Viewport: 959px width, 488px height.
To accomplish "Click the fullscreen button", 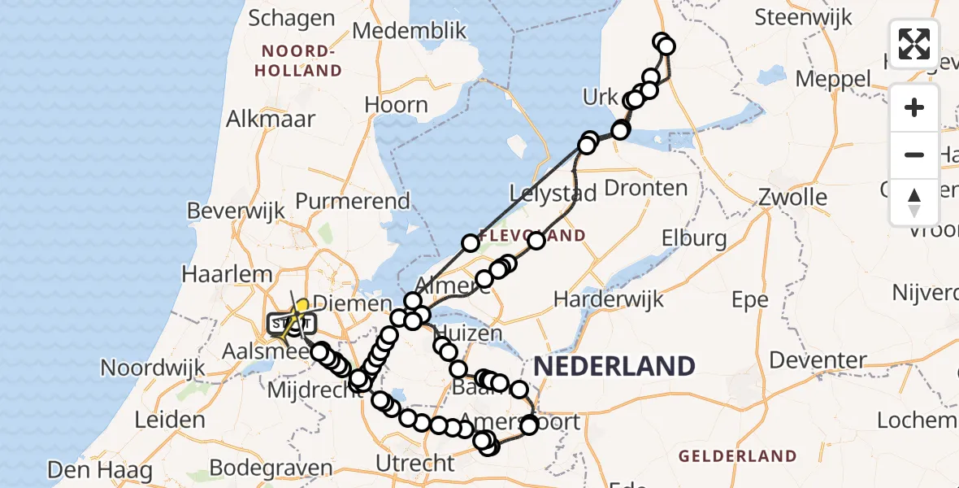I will point(914,44).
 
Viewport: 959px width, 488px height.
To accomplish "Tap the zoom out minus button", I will point(914,155).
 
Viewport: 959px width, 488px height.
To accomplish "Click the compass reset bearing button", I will point(914,202).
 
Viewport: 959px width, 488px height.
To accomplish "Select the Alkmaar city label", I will point(271,119).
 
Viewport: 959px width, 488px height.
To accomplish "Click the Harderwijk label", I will point(609,298).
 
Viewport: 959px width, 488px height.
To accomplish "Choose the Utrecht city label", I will point(414,464).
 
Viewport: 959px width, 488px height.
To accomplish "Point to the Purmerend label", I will point(353,200).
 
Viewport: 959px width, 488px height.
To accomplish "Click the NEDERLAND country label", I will point(614,366).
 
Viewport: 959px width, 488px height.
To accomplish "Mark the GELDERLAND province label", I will point(736,455).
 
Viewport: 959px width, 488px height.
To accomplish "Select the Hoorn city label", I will point(396,104).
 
